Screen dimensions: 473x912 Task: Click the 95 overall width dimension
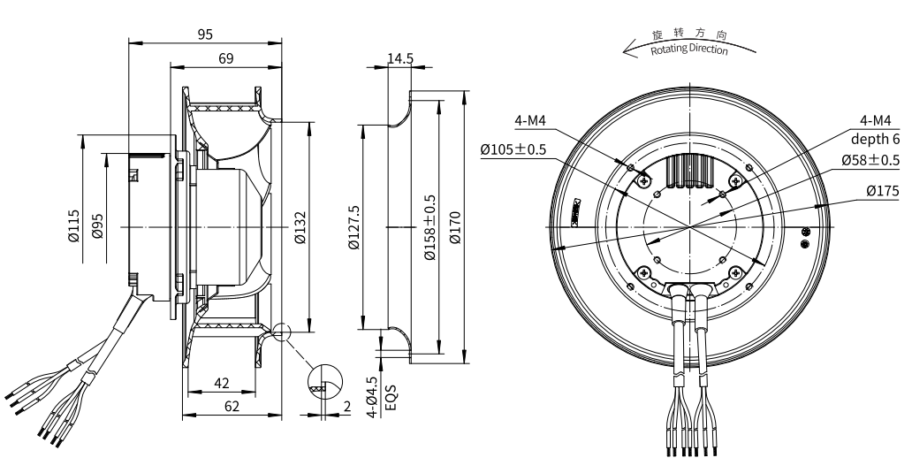point(205,34)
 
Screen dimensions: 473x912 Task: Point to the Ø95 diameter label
point(98,227)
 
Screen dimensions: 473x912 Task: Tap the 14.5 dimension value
point(400,58)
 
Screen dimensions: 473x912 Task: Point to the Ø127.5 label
point(354,227)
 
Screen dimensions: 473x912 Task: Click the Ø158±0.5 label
point(430,227)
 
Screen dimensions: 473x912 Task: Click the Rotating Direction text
point(689,50)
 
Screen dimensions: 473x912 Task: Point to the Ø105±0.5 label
point(513,150)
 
